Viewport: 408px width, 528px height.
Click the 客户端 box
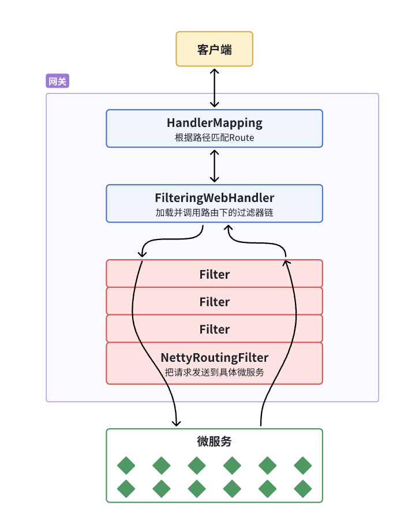(214, 49)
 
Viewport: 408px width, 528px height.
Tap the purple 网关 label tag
(57, 81)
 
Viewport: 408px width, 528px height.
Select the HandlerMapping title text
(214, 123)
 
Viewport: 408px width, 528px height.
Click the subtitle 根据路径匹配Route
(214, 138)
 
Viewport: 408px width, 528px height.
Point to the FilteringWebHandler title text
(214, 198)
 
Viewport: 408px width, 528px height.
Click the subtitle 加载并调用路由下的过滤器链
(214, 212)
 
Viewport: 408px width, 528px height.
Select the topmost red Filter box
(214, 274)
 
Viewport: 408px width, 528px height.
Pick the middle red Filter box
(214, 302)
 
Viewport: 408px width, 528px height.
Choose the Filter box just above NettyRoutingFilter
(214, 329)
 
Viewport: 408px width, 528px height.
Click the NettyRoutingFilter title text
(214, 358)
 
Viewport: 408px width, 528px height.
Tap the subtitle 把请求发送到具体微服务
(214, 372)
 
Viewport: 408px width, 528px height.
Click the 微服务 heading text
(214, 441)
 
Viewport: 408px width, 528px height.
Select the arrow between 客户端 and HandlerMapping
(215, 88)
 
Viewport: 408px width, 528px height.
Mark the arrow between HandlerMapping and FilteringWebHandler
(215, 166)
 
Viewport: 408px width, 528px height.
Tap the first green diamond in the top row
(126, 465)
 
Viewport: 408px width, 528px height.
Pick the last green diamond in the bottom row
(302, 489)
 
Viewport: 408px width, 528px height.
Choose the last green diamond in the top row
(302, 465)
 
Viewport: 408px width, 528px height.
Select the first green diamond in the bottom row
(126, 489)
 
